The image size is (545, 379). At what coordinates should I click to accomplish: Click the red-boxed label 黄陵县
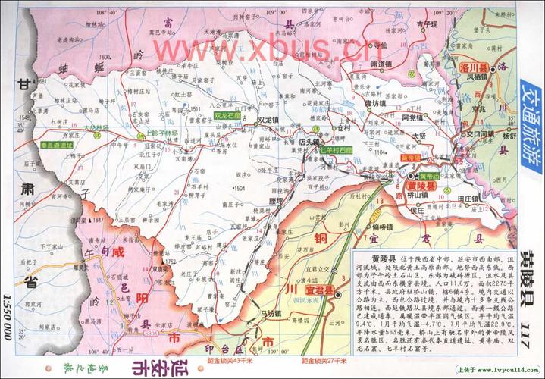(x=421, y=186)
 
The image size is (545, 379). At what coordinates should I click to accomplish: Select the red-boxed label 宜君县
(x=319, y=289)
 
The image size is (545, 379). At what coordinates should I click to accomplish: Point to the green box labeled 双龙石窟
(x=228, y=116)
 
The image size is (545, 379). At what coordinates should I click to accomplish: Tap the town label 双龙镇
(x=271, y=120)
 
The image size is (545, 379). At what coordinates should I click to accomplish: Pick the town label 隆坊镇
(x=374, y=102)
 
